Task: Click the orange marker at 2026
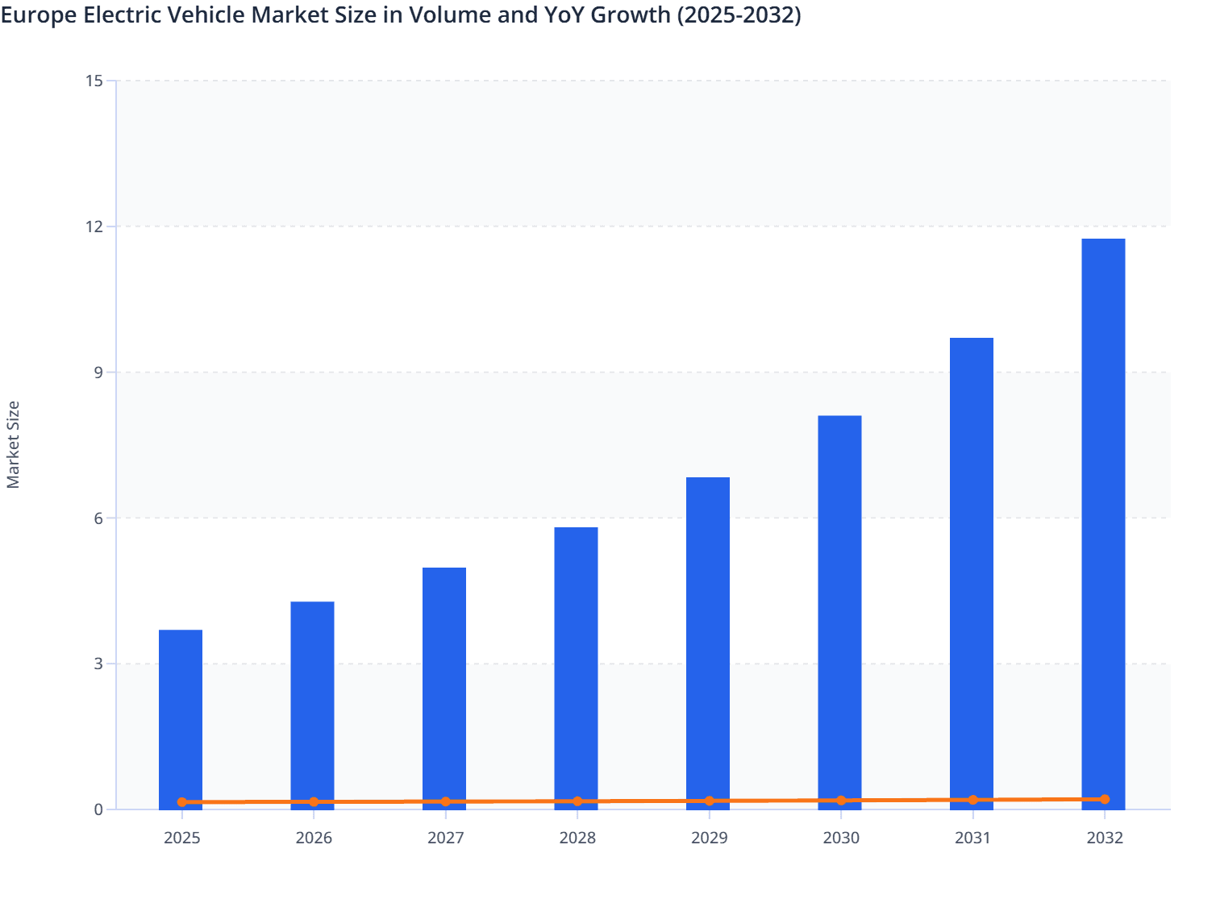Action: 314,802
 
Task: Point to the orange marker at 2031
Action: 972,800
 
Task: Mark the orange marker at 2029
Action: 709,801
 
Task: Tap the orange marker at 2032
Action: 1104,799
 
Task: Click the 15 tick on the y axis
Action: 94,81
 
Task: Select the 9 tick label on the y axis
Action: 98,372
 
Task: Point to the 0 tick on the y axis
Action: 98,809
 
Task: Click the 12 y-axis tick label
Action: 94,227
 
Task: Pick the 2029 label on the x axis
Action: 709,838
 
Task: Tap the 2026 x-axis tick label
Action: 314,838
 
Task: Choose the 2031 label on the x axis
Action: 972,838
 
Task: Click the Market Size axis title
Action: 14,444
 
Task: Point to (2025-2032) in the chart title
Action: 738,15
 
